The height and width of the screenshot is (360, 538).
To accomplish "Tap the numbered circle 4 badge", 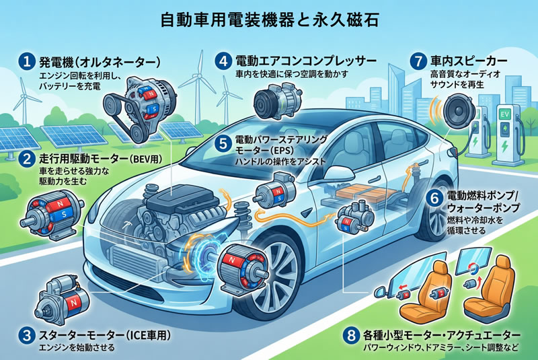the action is [223, 61].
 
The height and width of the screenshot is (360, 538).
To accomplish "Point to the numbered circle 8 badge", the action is [351, 335].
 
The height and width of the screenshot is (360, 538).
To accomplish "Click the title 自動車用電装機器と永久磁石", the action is [270, 20].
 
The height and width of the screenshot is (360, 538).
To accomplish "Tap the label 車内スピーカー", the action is [469, 61].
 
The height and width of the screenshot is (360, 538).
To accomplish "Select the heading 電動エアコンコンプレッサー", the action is [306, 61].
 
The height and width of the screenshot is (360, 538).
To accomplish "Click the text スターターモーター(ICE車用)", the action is [105, 335].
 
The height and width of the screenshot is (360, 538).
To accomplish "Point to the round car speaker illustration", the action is [459, 110].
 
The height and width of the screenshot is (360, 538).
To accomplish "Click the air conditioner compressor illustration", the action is [278, 99].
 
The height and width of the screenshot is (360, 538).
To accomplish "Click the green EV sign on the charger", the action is [505, 114].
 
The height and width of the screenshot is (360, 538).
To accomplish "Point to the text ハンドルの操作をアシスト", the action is [280, 161].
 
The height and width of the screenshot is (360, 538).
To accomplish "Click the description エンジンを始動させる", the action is [77, 348].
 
